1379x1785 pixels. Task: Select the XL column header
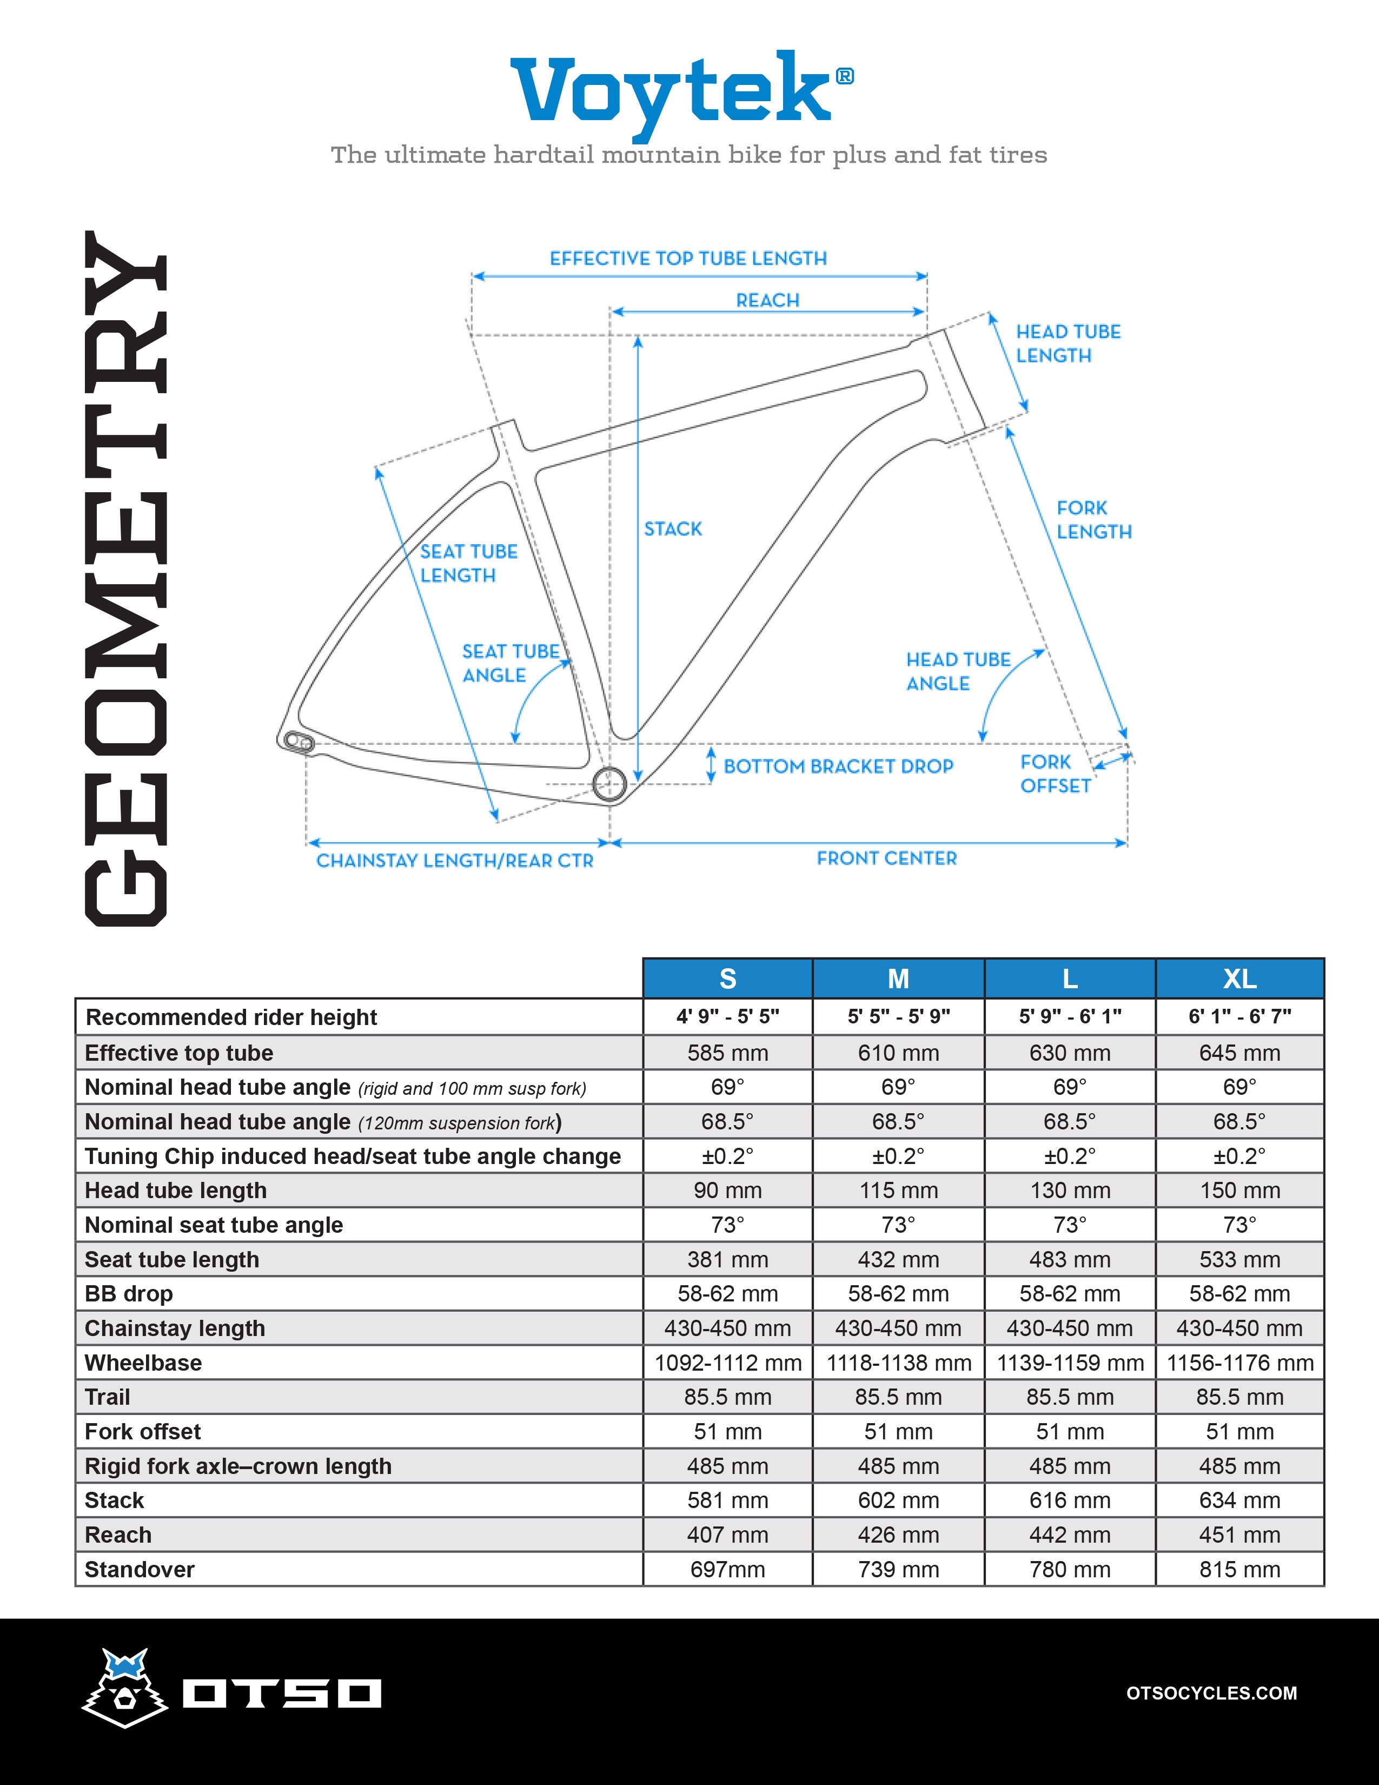point(1239,979)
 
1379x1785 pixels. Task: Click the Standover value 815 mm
point(1239,1569)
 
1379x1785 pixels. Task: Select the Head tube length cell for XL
point(1239,1190)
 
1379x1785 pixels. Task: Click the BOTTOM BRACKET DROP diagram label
point(838,766)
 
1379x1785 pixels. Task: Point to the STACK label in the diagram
point(672,529)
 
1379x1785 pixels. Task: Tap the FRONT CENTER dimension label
point(886,858)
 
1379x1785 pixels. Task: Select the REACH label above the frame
point(767,300)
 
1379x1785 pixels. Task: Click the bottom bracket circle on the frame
point(608,784)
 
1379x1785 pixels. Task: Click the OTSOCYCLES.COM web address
point(1211,1693)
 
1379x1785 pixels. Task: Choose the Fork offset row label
point(143,1431)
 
